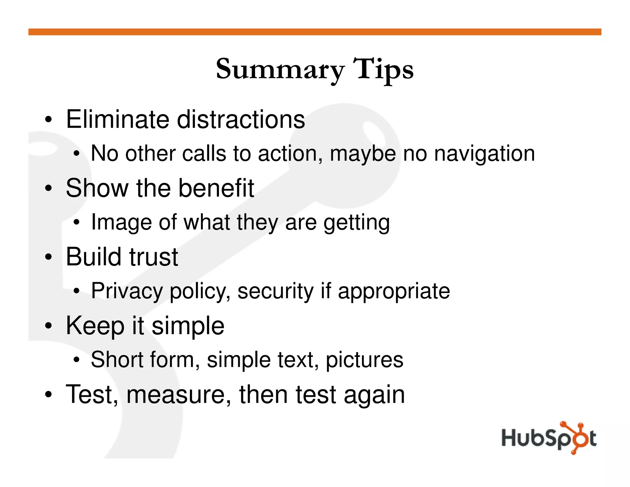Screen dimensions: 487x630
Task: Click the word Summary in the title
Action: click(280, 69)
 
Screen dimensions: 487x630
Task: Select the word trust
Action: click(153, 257)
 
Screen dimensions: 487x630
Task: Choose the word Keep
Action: click(95, 326)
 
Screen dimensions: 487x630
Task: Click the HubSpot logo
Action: click(549, 438)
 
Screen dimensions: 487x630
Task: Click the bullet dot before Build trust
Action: click(48, 257)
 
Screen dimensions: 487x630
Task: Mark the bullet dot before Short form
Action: click(77, 360)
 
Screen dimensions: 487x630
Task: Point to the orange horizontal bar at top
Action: click(315, 32)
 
